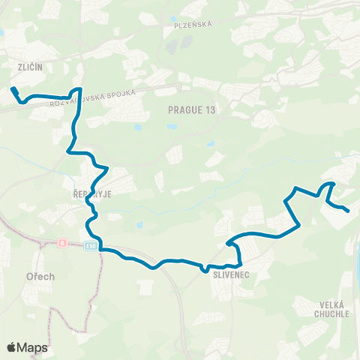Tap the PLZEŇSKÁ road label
coord(193,24)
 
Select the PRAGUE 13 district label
coord(192,109)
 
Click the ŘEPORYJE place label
coord(97,192)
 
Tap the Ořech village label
coord(40,276)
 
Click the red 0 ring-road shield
coord(62,243)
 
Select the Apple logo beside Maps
coord(12,347)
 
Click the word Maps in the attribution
coord(33,347)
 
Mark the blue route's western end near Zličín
coord(13,89)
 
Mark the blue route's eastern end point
coord(348,211)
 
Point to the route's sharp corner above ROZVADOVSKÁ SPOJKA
coord(80,91)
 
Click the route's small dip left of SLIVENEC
coord(204,268)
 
